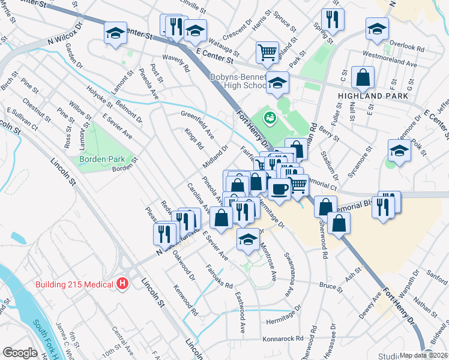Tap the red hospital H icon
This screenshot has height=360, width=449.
coord(122,283)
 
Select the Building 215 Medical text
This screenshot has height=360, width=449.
coord(74,284)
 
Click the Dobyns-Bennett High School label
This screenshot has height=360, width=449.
coord(238,81)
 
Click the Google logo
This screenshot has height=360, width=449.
coord(20,353)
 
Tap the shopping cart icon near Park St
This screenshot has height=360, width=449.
coord(267,52)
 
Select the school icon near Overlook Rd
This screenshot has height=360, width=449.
coord(376,28)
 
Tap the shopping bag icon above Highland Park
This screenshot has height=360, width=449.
coord(363,77)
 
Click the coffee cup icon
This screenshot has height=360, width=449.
coord(279,190)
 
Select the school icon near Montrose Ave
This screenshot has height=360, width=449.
coord(248,239)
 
